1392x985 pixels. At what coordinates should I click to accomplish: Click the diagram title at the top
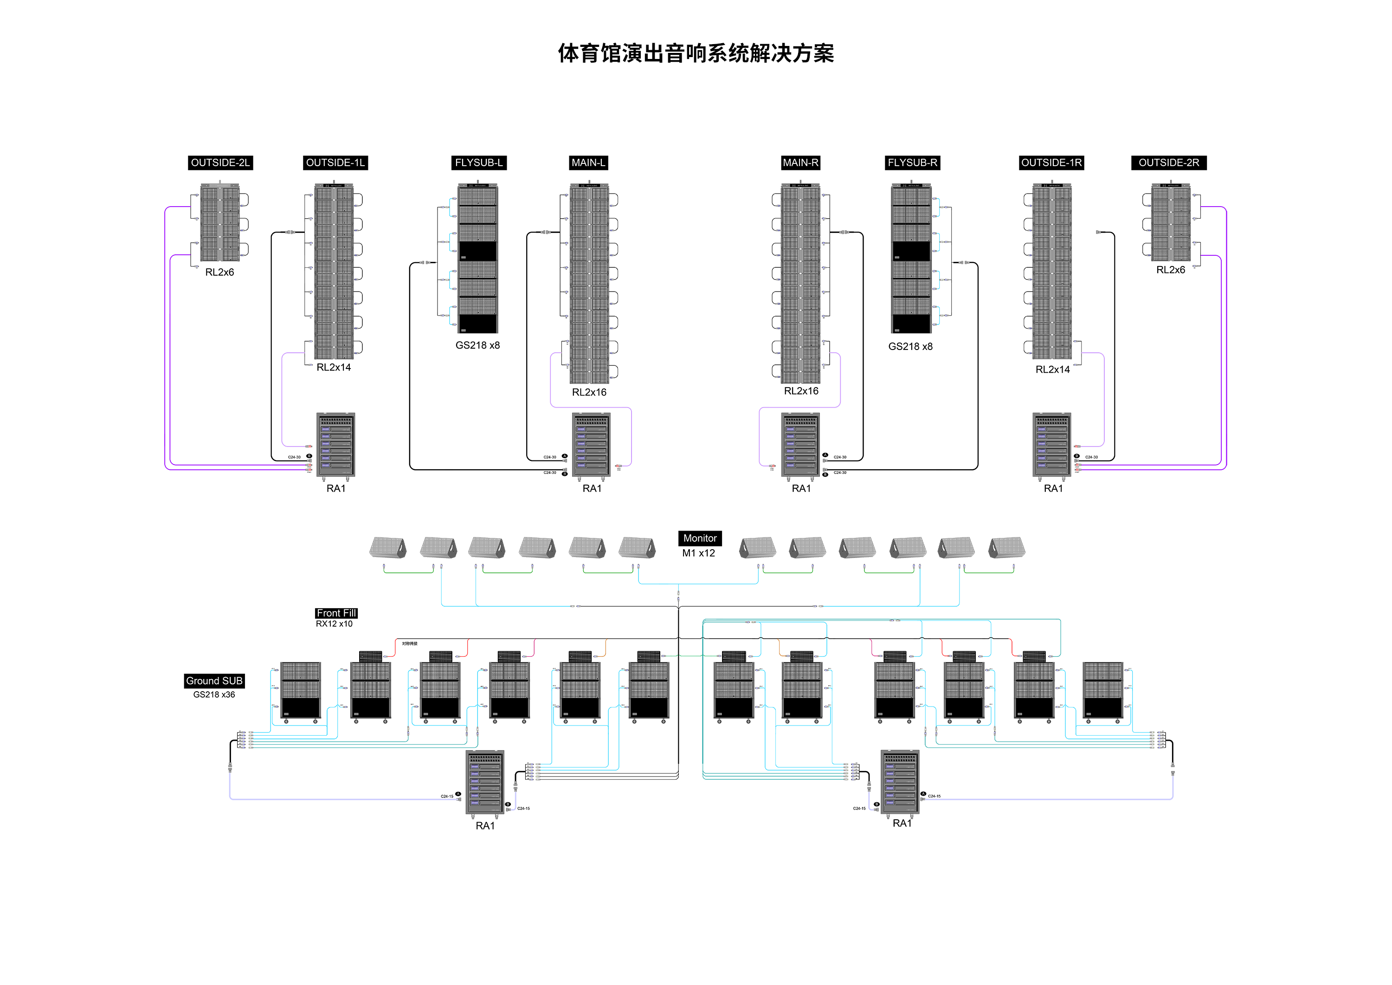coord(696,53)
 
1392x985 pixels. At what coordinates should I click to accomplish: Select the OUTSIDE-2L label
coord(220,162)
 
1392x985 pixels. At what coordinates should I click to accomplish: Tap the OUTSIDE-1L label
coord(335,162)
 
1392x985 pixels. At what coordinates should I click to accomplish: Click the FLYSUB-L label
coord(479,162)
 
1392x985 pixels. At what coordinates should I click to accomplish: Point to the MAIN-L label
coord(588,162)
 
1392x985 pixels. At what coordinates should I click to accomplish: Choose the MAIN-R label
coord(800,162)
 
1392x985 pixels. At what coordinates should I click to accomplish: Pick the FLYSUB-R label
coord(912,162)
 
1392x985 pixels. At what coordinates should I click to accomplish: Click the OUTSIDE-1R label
coord(1051,162)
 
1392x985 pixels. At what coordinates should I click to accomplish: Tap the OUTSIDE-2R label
coord(1168,162)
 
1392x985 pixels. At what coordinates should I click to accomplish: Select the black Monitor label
coord(700,538)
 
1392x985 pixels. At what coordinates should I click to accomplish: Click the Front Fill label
coord(336,613)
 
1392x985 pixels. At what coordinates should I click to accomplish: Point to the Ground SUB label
coord(214,680)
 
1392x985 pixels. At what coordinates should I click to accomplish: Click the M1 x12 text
coord(698,553)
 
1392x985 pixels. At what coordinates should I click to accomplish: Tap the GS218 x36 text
coord(214,694)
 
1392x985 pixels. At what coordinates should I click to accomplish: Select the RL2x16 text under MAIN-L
coord(589,392)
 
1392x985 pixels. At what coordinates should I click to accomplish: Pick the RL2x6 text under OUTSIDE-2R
coord(1170,270)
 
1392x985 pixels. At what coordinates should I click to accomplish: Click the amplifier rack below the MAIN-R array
coord(800,445)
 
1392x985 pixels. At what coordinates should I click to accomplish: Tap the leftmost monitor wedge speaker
coord(388,547)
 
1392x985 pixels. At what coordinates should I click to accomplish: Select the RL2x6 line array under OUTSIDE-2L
coord(220,223)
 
